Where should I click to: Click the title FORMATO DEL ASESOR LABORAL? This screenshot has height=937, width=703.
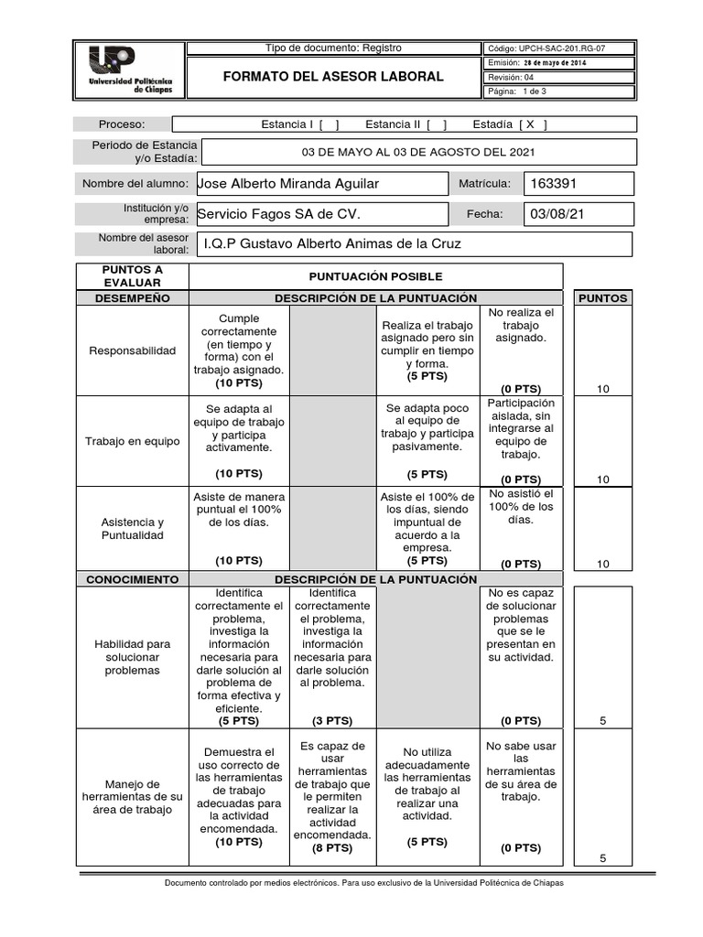point(333,76)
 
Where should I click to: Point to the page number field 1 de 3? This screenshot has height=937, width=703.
point(533,92)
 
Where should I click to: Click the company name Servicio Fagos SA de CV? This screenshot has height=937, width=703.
point(279,214)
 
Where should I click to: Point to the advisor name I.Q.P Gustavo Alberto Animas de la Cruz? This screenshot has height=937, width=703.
point(333,244)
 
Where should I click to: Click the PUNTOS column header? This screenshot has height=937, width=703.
point(602,298)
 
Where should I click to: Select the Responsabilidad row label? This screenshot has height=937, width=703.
point(130,350)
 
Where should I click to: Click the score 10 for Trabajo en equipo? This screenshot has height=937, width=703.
point(602,479)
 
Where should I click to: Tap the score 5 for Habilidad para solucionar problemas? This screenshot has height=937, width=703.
point(602,721)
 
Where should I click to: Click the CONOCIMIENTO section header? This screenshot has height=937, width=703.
point(132,579)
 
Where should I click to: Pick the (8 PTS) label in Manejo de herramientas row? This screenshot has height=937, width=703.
point(332,848)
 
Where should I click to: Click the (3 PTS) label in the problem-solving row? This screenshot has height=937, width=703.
point(332,721)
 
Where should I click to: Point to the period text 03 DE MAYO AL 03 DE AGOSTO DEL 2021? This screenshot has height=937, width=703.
point(418,153)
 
